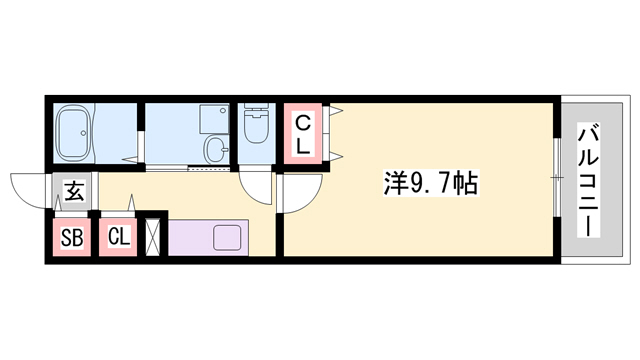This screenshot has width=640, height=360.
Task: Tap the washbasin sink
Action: (x=215, y=150)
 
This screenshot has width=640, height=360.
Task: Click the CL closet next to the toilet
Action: (x=304, y=132)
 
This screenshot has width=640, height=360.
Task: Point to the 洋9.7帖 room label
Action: (x=430, y=183)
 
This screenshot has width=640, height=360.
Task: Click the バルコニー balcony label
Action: (x=589, y=179)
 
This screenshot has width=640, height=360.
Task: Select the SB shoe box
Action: (x=71, y=237)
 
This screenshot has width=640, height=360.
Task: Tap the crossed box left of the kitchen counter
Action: (x=153, y=238)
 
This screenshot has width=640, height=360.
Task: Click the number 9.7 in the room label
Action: (x=428, y=183)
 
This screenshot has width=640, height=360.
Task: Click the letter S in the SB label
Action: (x=66, y=237)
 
